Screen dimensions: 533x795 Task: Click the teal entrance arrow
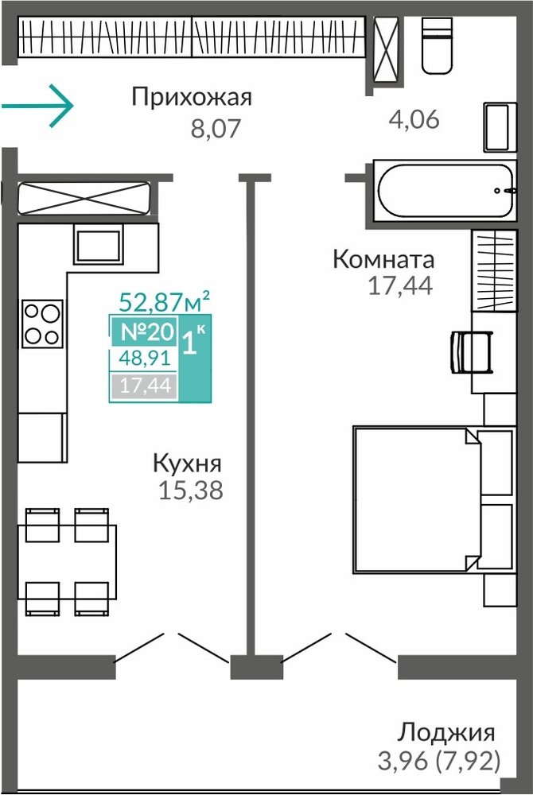coord(37,106)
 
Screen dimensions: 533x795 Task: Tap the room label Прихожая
coord(192,97)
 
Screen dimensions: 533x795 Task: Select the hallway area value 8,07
coord(215,129)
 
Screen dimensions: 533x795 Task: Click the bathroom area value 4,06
coord(414,120)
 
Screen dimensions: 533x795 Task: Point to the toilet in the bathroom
coord(437,45)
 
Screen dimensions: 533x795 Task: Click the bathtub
coord(445,191)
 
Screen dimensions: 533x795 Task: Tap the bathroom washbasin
coord(500,127)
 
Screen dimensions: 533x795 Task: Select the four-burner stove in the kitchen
coord(42,323)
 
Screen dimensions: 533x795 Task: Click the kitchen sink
coord(99,245)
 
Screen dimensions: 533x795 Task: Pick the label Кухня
coord(188,463)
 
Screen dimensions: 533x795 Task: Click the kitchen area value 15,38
coord(191,491)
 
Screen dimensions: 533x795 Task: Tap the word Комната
coord(384,260)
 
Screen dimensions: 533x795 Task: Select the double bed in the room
coord(434,500)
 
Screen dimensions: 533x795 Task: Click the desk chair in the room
coord(472,352)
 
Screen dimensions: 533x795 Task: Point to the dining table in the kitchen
coord(67,562)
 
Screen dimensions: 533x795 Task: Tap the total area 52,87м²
coord(164,302)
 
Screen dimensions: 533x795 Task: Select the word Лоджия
coord(445,733)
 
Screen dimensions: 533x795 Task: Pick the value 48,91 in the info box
coord(144,359)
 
